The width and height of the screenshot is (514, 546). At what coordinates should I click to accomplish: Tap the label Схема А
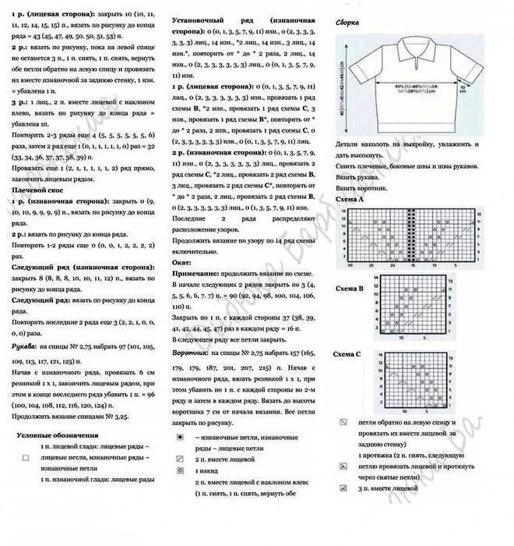(x=349, y=200)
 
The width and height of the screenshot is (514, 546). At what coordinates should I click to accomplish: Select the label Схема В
(x=349, y=289)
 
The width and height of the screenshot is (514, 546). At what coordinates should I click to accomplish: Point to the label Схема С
(x=347, y=355)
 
